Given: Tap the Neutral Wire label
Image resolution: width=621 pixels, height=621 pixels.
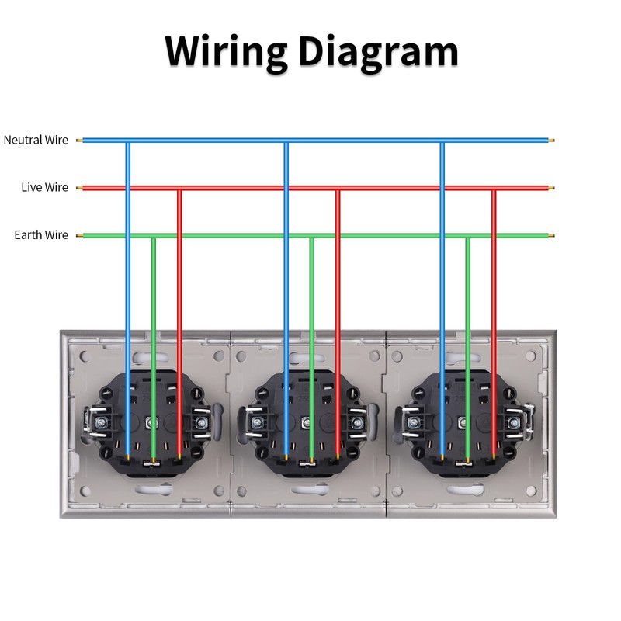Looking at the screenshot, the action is tap(36, 140).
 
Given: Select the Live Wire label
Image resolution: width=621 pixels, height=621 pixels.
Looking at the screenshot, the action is tap(44, 187).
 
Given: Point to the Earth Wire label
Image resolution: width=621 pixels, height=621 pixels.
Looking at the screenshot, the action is tap(41, 235).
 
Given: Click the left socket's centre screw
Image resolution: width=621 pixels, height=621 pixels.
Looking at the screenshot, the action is tap(151, 423).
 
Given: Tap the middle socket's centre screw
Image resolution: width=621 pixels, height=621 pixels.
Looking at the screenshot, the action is tap(307, 423).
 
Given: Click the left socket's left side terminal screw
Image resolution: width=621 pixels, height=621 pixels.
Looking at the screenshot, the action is tap(99, 423).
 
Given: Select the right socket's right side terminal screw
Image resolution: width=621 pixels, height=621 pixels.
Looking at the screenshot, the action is tap(514, 423).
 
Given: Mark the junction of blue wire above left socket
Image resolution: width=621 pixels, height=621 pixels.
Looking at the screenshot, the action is tap(127, 141).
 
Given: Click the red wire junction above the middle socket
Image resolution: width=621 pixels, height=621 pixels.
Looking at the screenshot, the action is tap(338, 188).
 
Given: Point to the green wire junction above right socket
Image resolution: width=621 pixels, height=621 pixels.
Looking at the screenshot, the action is tap(468, 236).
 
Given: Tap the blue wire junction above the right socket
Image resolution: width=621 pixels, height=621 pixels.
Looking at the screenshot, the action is tap(442, 141).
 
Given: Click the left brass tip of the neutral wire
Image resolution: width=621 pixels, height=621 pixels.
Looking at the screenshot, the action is tap(79, 141).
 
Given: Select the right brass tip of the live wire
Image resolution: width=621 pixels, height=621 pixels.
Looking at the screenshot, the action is tap(551, 188).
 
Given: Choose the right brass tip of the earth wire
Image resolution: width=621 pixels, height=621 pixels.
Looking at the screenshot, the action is tap(551, 236).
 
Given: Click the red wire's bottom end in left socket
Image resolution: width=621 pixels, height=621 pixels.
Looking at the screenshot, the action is tap(179, 456).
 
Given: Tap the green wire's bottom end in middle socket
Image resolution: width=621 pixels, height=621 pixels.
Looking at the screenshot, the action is tap(312, 460).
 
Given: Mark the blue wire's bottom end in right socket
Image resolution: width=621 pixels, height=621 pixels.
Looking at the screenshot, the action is tap(442, 457).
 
